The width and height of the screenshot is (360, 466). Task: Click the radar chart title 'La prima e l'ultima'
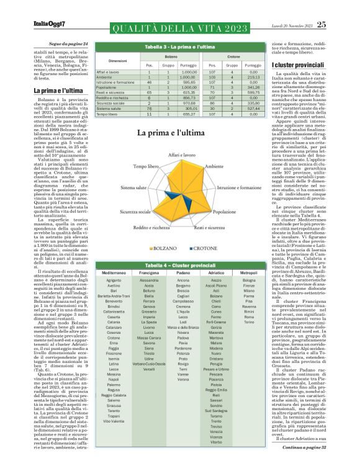pos(169,133)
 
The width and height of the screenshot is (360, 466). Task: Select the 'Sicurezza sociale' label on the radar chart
pos(136,212)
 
